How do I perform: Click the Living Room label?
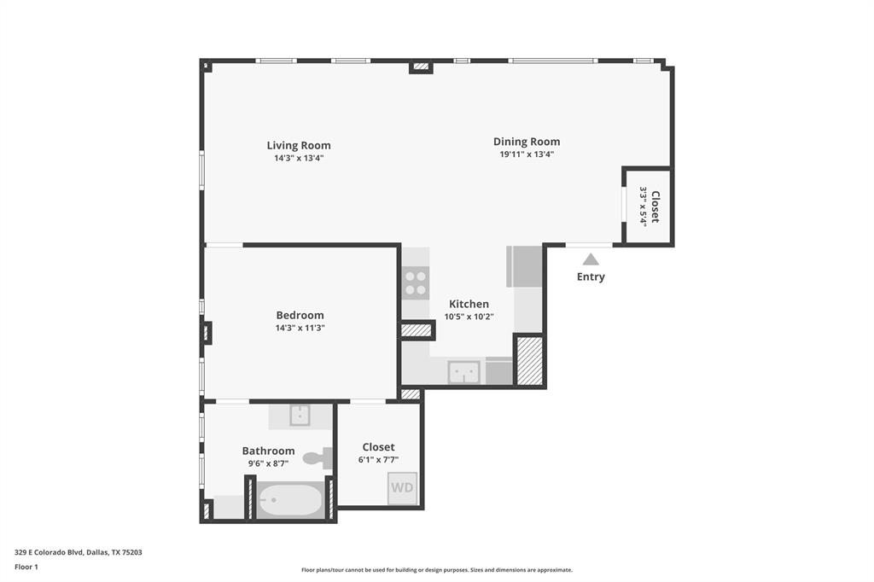[x=299, y=145]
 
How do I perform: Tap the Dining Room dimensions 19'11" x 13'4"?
[x=527, y=154]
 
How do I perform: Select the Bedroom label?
[x=300, y=315]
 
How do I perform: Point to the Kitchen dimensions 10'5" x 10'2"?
[x=469, y=317]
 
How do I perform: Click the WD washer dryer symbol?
[x=402, y=488]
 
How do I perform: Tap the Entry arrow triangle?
[x=591, y=259]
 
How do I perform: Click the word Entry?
[x=591, y=276]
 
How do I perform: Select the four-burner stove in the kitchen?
[x=416, y=283]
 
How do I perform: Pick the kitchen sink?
[x=465, y=372]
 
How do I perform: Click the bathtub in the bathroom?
[x=290, y=500]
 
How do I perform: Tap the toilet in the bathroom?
[x=317, y=458]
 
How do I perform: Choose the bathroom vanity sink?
[x=300, y=416]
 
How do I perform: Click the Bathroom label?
[x=268, y=451]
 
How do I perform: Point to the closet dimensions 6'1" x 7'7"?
[x=378, y=459]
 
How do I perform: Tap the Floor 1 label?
[x=26, y=567]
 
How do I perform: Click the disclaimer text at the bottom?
[x=436, y=570]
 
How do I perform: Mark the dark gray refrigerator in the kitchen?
[x=525, y=266]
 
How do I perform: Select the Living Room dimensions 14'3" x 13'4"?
[x=299, y=158]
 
